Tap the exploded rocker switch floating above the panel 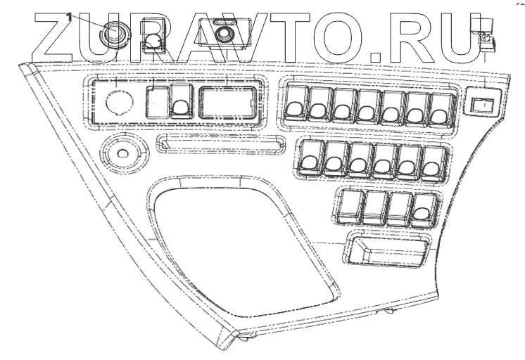154,39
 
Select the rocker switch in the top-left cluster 181,103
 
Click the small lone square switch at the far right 483,104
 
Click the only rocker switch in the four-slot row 422,207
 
